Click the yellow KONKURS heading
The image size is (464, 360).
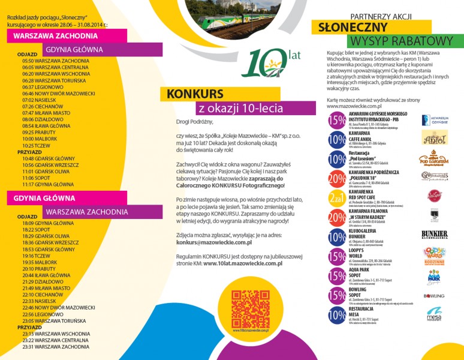click(195, 94)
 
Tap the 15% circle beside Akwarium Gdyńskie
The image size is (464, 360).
click(337, 121)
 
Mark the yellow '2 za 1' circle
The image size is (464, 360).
click(337, 199)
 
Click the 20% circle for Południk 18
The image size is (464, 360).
click(337, 179)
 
